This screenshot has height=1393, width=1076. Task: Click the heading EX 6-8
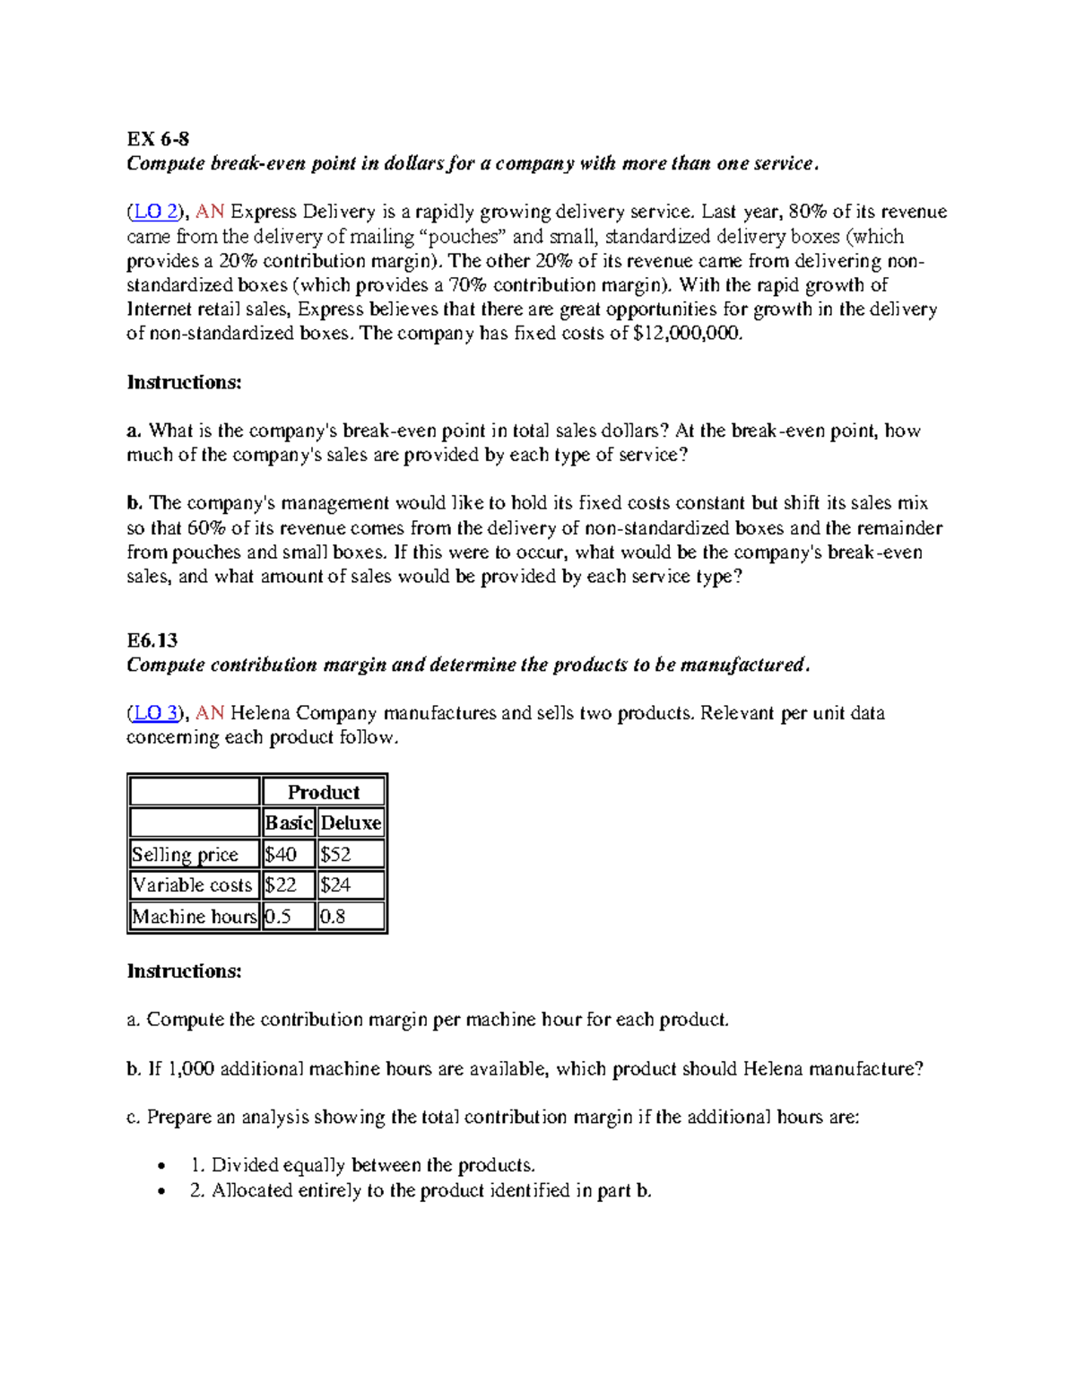pos(158,139)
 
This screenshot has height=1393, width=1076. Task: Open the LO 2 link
pos(155,212)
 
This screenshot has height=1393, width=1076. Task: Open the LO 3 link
pos(155,713)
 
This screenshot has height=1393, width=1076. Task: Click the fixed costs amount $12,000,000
pos(687,334)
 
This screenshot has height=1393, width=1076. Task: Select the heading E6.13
pos(152,640)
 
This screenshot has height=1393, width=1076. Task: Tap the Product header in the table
pos(323,792)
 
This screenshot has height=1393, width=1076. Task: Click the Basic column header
pos(288,823)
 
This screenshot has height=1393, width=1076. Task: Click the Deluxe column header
pos(351,823)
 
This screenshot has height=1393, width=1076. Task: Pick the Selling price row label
pos(185,854)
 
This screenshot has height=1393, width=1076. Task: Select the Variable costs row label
pos(192,885)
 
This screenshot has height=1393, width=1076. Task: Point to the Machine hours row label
pos(194,917)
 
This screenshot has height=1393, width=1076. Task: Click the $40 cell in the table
pos(281,854)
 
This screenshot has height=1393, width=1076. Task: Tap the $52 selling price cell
pos(336,854)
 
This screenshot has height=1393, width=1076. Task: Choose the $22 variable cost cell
pos(281,885)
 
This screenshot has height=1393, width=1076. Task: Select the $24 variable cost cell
pos(336,885)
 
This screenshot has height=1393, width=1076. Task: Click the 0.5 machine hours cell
pos(278,917)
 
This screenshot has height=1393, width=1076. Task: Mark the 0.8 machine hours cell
pos(333,917)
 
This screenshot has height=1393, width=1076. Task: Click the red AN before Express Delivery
pos(210,212)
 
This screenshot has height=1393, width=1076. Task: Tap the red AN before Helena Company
pos(210,713)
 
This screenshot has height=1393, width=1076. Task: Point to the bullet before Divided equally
pos(161,1166)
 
